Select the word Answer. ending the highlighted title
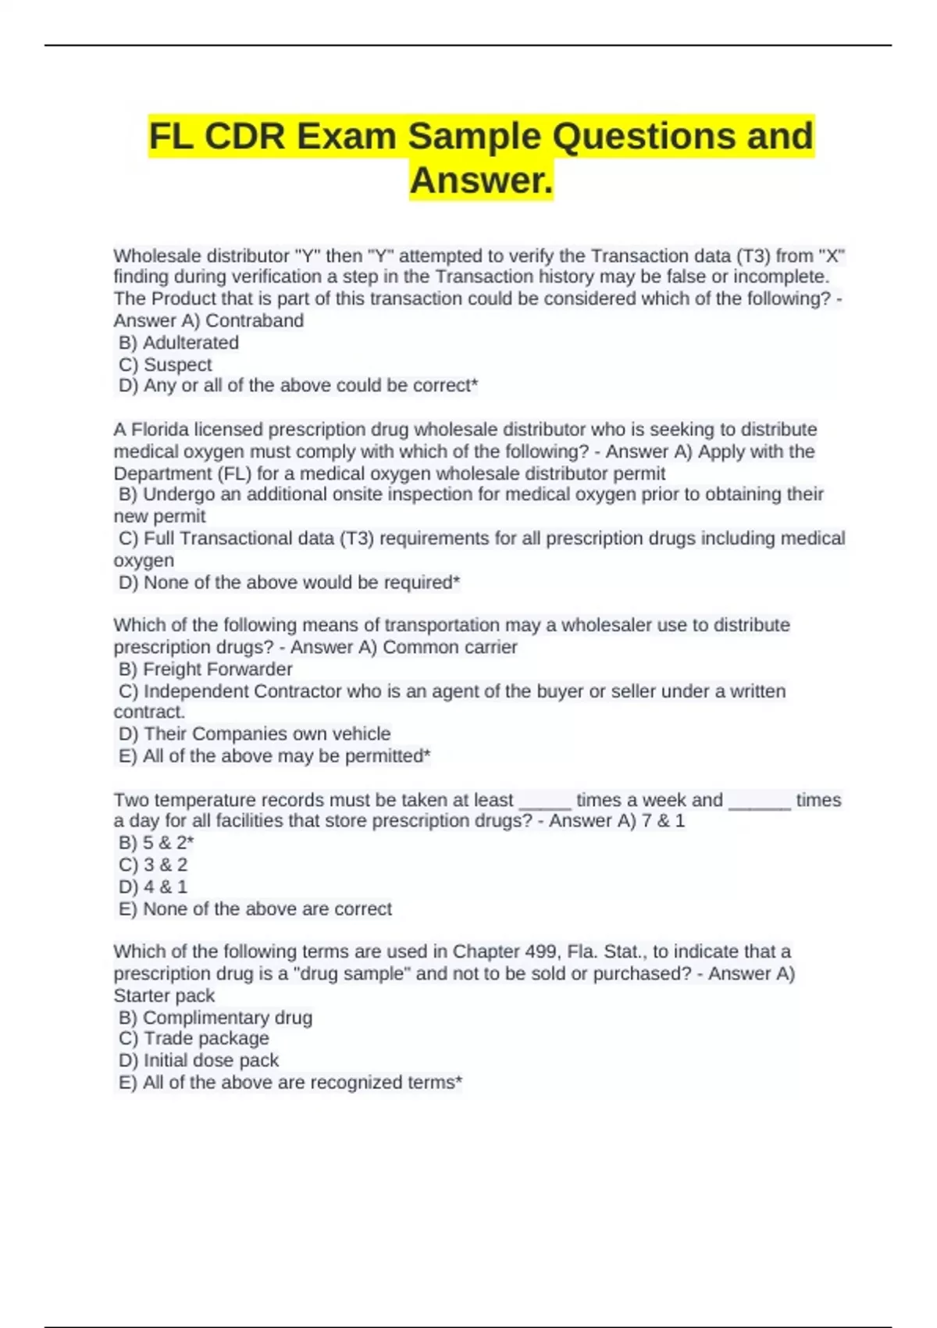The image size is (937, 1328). (481, 180)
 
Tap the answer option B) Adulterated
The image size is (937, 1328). (179, 342)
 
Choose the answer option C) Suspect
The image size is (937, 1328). (166, 364)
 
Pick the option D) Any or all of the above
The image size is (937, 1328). (297, 385)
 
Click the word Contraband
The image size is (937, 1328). (255, 320)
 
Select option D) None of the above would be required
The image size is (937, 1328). (289, 582)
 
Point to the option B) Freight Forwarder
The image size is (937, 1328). (205, 669)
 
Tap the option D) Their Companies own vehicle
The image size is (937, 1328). (255, 734)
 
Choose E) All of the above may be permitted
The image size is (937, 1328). (274, 755)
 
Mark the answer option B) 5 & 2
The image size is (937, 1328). (156, 842)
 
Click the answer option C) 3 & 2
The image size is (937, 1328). (153, 864)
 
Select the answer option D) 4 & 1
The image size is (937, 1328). (153, 886)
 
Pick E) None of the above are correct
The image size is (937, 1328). (255, 909)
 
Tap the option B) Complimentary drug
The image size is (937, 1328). (216, 1017)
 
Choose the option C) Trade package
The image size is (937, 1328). (194, 1038)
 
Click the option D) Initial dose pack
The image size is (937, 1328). (198, 1060)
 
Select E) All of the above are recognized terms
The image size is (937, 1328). (290, 1082)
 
